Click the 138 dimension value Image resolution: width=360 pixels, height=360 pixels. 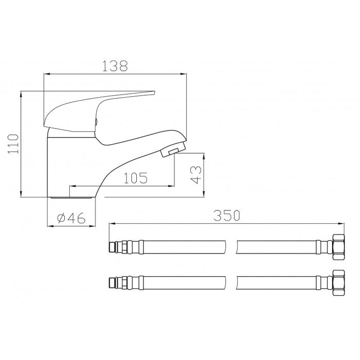[115, 66]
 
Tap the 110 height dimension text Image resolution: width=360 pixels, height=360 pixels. [13, 144]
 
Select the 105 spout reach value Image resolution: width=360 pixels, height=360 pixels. [135, 178]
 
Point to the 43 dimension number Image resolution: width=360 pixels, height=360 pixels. [196, 175]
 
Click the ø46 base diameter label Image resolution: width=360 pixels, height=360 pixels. [71, 218]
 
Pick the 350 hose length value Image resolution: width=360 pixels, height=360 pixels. [227, 215]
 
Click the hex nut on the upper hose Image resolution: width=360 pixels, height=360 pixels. [338, 247]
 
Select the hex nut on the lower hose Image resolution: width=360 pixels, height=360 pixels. [338, 283]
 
